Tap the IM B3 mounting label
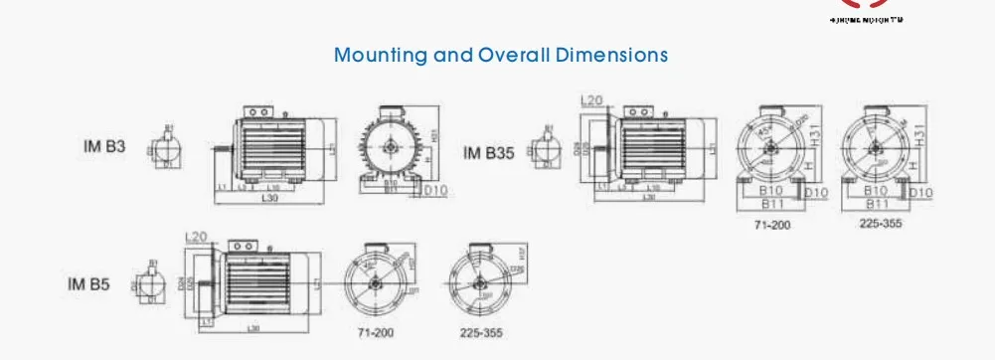tap(103, 146)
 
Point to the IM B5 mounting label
tap(88, 284)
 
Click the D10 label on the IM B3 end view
tap(436, 190)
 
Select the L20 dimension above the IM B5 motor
tap(196, 236)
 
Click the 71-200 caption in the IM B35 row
tap(772, 226)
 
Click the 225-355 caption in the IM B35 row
tap(880, 224)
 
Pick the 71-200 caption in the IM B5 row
tap(376, 332)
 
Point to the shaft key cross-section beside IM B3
tap(166, 148)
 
